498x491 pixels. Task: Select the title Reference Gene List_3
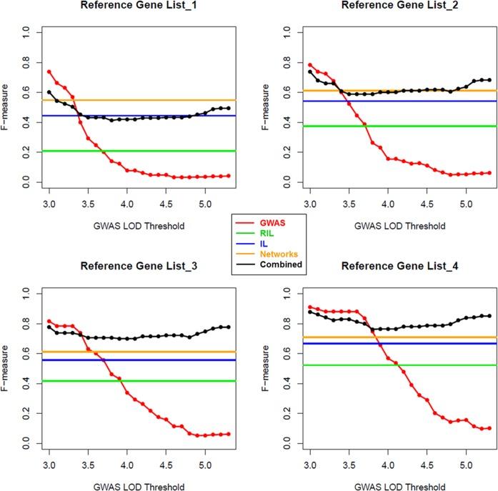133,267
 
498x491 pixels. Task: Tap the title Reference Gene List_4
384,267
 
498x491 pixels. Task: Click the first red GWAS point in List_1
49,71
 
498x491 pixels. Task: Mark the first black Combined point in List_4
309,312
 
